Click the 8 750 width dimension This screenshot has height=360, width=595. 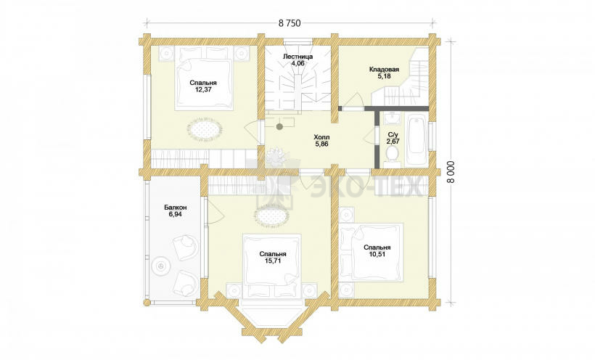click(289, 23)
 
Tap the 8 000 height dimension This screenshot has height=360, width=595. click(451, 172)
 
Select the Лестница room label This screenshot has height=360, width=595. click(298, 57)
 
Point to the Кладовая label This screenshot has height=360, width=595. click(384, 70)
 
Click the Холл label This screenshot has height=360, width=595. click(321, 137)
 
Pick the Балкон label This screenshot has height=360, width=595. click(176, 208)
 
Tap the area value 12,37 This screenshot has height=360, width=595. click(203, 89)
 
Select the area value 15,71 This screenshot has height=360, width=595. click(273, 261)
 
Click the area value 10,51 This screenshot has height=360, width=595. click(377, 255)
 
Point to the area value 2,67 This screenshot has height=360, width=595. click(393, 142)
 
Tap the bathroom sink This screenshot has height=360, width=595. click(392, 118)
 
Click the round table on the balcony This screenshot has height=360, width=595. click(160, 266)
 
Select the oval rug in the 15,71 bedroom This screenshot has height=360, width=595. click(272, 216)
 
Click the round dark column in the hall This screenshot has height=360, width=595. click(279, 126)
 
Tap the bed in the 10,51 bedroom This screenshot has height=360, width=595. click(372, 252)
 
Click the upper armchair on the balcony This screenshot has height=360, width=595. click(185, 247)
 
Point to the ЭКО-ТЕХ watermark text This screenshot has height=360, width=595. click(366, 187)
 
